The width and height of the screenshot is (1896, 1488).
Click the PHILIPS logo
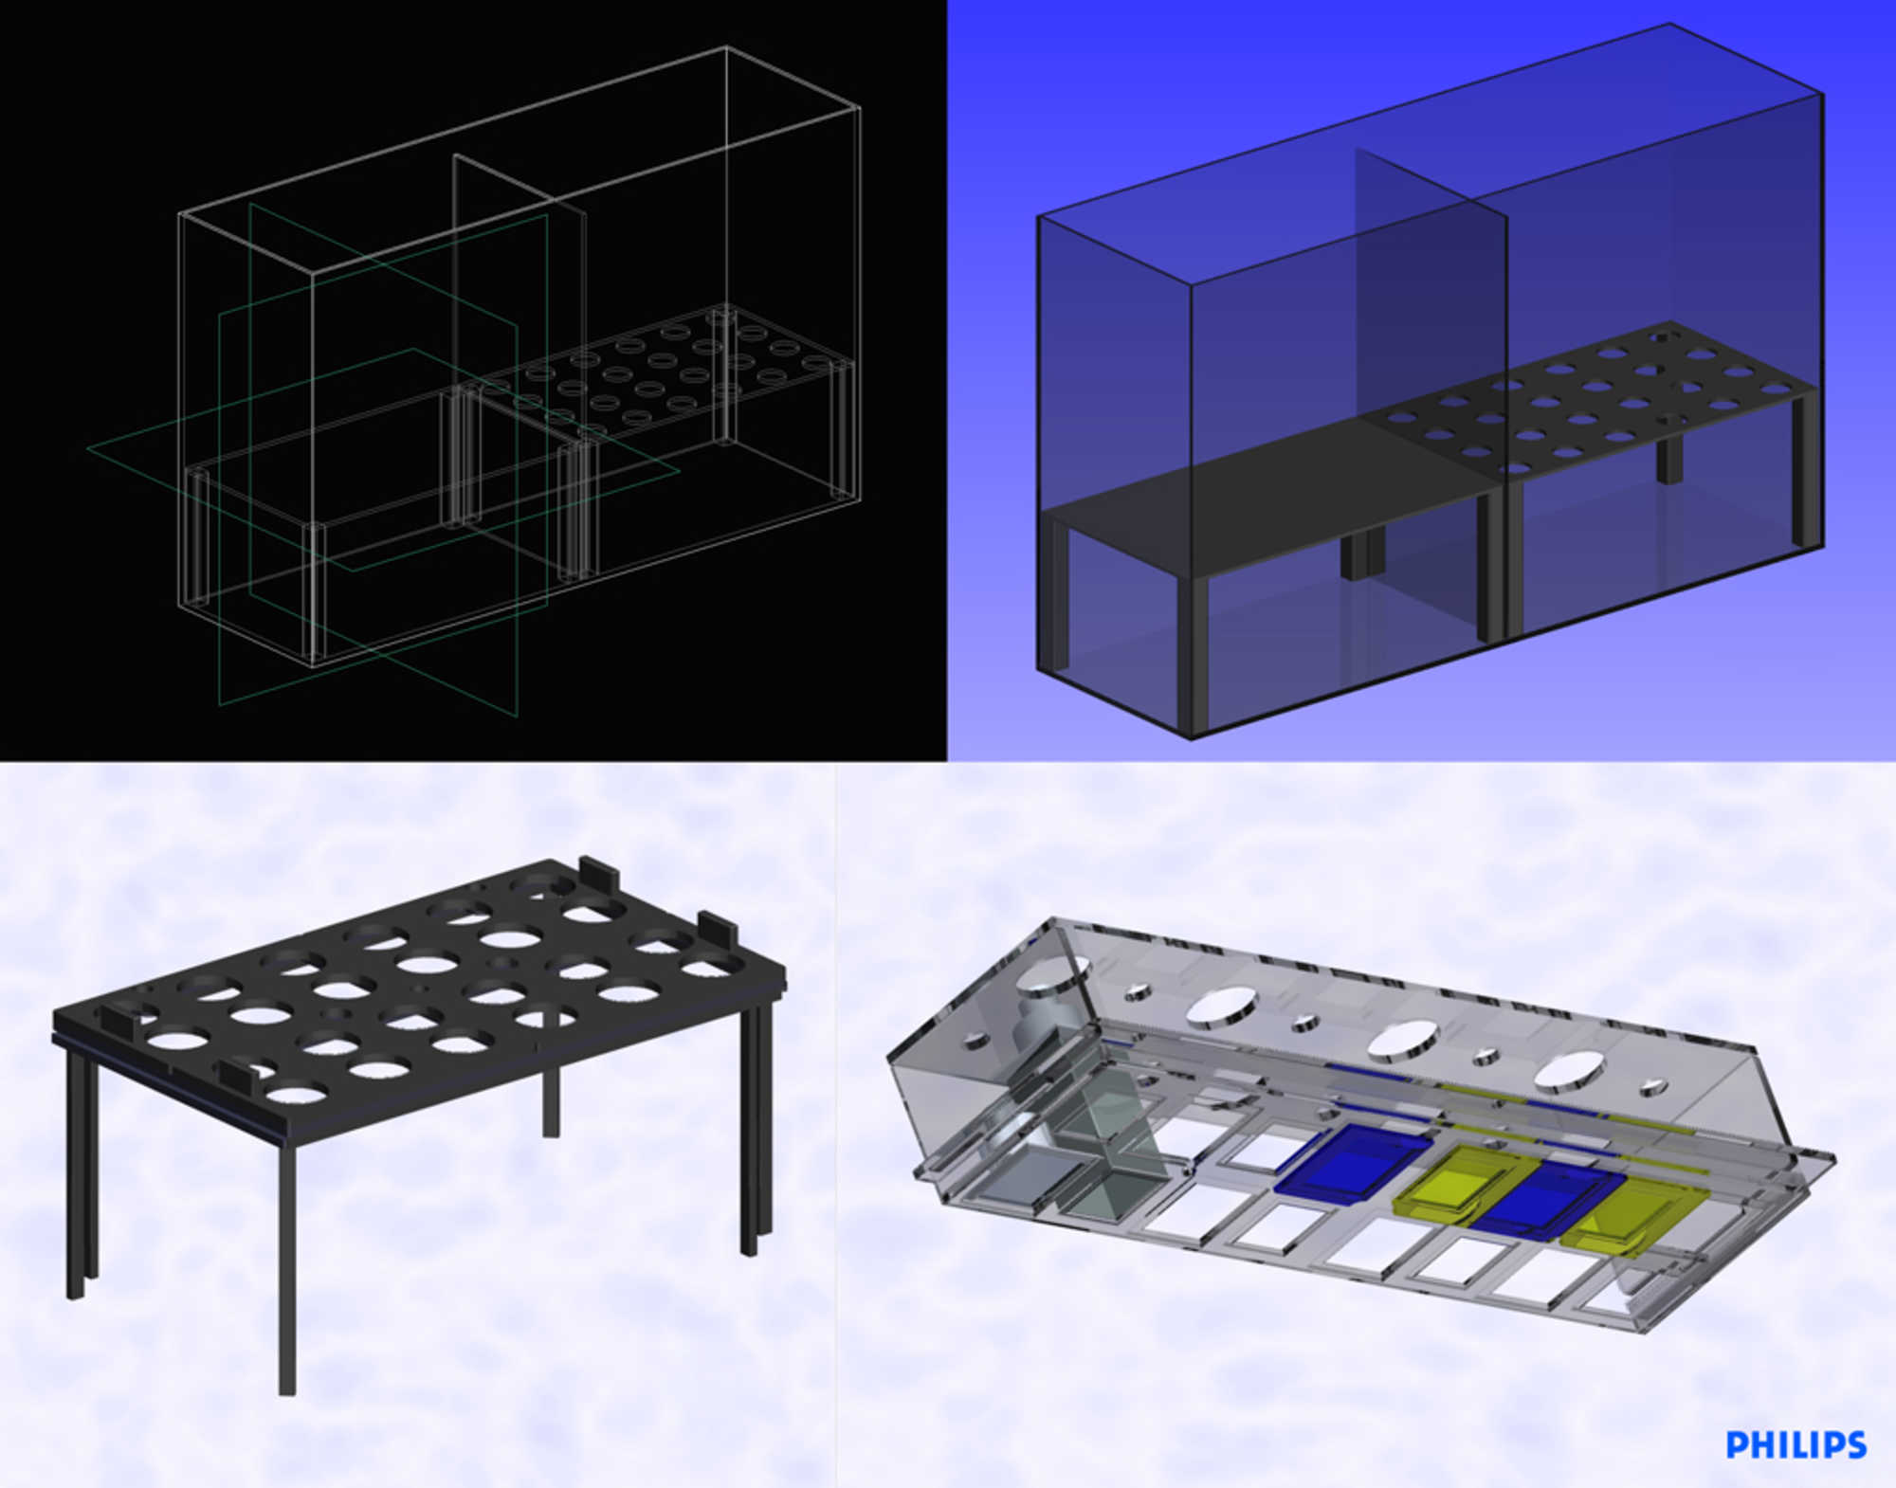(x=1796, y=1444)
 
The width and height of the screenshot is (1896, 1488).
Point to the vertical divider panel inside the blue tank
(x=1431, y=379)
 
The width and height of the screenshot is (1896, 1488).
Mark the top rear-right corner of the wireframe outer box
(x=727, y=47)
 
